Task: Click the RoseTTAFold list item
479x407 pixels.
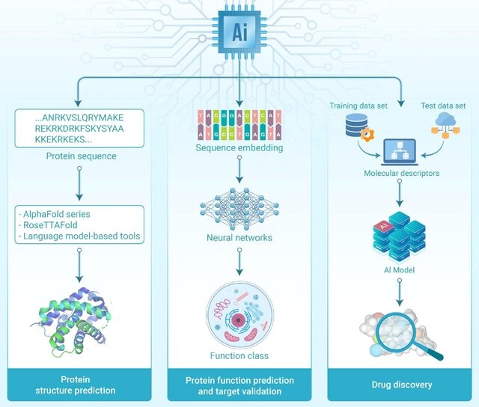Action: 51,226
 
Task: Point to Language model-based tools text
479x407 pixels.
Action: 81,236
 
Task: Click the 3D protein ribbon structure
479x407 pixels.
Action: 75,307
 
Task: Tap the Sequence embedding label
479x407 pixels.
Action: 239,149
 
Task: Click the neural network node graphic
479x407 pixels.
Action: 239,202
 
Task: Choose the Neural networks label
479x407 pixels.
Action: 239,237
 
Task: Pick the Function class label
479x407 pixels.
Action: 239,355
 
